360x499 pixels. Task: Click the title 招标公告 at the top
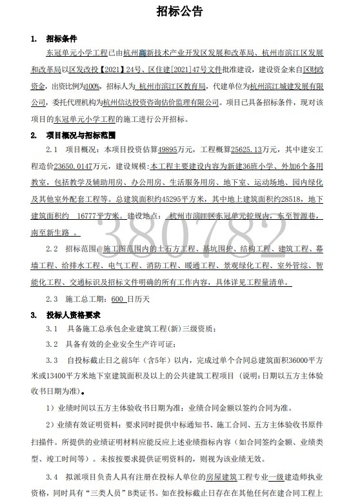point(180,12)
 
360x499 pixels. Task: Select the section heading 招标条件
point(62,40)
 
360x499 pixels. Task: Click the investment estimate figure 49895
point(170,149)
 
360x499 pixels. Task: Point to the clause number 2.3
point(52,299)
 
